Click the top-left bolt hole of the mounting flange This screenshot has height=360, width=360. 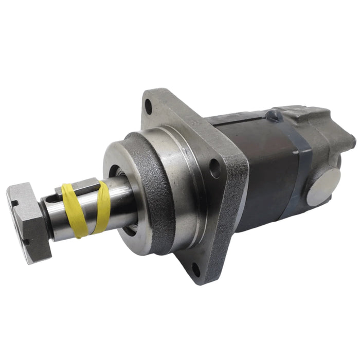tap(148, 107)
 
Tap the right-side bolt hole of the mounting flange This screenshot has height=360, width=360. tap(215, 168)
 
